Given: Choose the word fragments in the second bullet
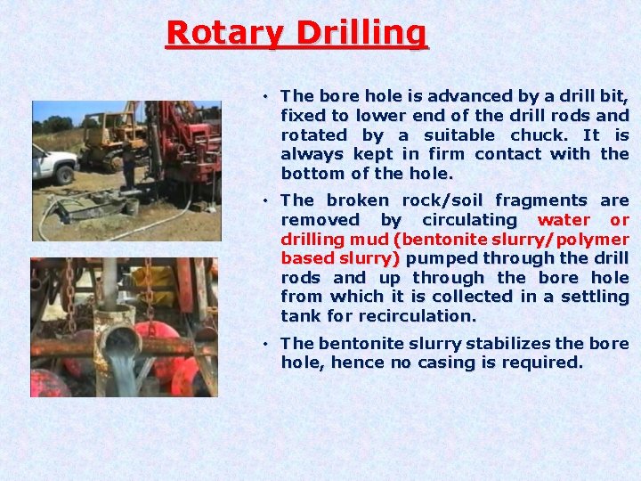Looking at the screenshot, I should tap(540, 201).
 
